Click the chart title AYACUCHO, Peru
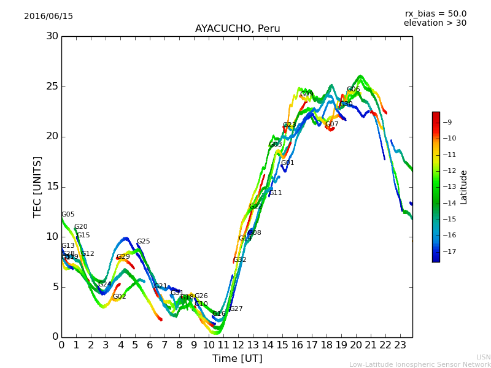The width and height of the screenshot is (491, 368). tap(237, 29)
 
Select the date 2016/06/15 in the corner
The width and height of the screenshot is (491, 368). tap(48, 16)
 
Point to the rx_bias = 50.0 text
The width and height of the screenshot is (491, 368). tap(435, 13)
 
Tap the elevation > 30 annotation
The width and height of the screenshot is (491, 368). tap(435, 23)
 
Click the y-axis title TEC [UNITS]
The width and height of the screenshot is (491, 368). tap(37, 186)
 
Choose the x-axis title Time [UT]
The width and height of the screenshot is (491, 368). tap(237, 358)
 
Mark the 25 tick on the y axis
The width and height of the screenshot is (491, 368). tap(52, 86)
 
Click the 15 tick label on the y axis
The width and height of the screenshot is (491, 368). tap(52, 186)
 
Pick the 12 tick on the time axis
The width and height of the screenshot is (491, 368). tap(238, 345)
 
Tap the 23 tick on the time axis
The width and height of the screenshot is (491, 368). tap(400, 345)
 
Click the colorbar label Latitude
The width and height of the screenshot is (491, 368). tap(463, 186)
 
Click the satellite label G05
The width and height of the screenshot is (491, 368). tap(68, 215)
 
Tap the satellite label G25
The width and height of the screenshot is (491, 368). tap(143, 242)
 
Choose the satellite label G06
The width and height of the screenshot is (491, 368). tap(353, 90)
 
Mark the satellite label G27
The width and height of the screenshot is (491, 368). tap(236, 309)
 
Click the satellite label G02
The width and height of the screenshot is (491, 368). tap(119, 297)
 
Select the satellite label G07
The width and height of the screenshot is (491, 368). tap(331, 125)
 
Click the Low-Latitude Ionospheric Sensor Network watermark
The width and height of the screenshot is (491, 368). tap(420, 364)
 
